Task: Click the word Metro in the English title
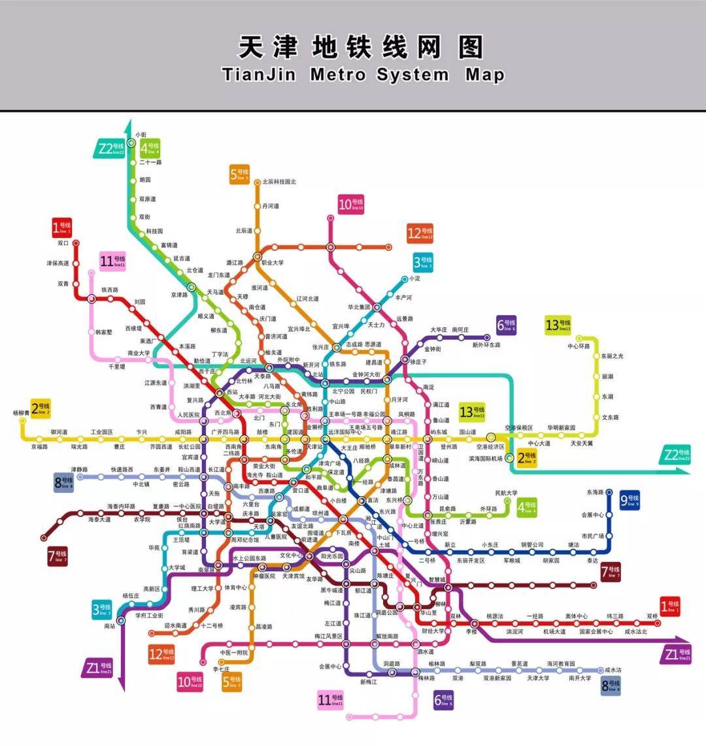[337, 74]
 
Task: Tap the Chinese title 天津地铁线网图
[361, 48]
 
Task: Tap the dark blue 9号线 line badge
[629, 501]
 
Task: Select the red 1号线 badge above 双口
[62, 227]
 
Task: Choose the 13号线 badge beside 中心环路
[558, 324]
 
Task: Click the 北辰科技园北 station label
[279, 182]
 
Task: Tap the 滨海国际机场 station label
[486, 459]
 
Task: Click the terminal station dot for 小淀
[405, 278]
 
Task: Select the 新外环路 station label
[486, 345]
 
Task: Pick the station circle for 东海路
[609, 492]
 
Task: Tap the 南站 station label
[110, 625]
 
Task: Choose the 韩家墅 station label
[104, 332]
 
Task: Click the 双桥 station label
[652, 616]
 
